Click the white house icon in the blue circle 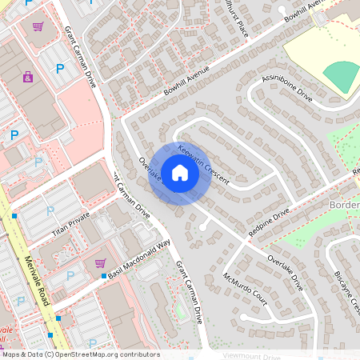click(179, 174)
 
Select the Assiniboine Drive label click(286, 89)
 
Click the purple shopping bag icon click(29, 77)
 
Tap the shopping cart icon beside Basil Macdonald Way click(100, 262)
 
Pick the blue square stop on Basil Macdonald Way click(104, 276)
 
